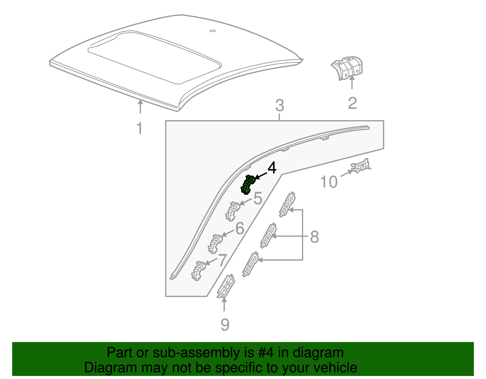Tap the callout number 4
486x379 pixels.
tap(272, 168)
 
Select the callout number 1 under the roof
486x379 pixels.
tap(139, 128)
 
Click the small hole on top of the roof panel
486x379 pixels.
tap(212, 31)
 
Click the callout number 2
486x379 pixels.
tap(352, 103)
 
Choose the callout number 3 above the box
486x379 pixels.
tap(279, 106)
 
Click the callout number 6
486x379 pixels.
tap(240, 228)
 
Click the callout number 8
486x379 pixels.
tap(314, 237)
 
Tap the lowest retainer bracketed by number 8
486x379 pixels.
tap(250, 264)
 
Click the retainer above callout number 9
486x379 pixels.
tap(226, 286)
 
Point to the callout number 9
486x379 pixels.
tap(225, 325)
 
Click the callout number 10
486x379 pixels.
tap(329, 182)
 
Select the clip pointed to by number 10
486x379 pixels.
tap(361, 166)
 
